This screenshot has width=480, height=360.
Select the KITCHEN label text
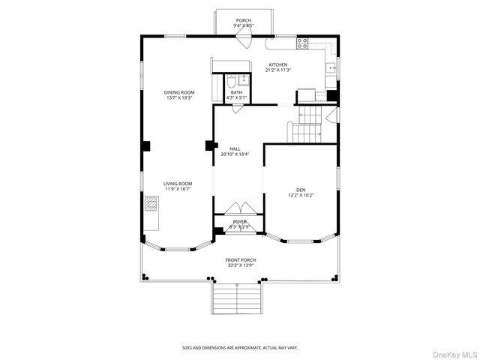278,64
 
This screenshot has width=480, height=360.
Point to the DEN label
301,190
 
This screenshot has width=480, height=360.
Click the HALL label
235,148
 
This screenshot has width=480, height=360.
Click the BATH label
236,92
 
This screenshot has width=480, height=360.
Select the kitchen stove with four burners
303,43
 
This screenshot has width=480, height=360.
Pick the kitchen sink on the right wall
331,68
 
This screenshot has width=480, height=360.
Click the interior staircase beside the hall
306,124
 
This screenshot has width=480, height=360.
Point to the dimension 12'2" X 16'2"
301,196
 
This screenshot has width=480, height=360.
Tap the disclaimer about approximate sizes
240,347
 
